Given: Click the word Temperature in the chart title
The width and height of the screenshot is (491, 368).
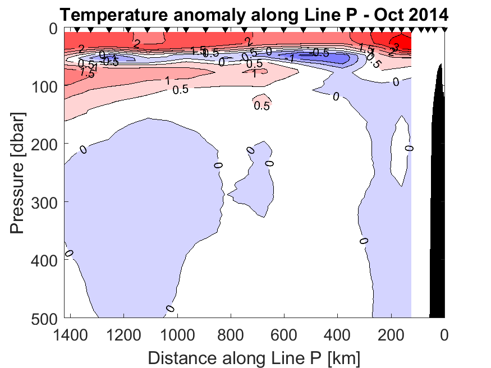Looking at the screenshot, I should [x=105, y=13].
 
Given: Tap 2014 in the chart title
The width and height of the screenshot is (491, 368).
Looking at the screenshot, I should [x=424, y=13].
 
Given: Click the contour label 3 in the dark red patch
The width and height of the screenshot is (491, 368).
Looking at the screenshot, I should [x=396, y=47].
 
